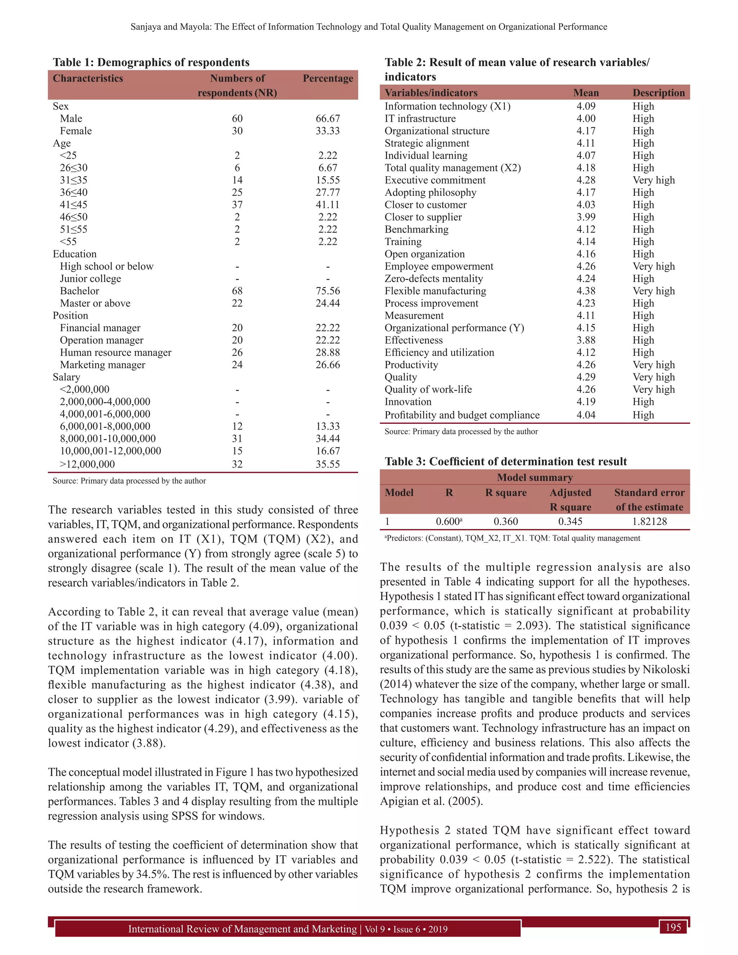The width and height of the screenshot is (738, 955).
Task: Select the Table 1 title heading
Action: tap(151, 63)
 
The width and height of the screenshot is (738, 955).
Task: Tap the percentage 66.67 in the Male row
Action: tap(328, 119)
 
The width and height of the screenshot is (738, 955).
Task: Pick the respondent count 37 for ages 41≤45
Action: tap(237, 205)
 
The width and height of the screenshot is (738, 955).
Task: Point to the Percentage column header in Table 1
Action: tap(328, 79)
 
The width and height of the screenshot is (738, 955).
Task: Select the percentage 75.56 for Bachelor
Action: tap(328, 291)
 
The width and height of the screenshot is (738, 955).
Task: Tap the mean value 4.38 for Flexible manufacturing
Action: tap(586, 291)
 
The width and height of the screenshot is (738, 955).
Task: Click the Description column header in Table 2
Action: tap(658, 93)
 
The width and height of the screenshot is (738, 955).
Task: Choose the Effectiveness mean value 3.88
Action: tap(586, 340)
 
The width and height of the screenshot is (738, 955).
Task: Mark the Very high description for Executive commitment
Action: tap(653, 180)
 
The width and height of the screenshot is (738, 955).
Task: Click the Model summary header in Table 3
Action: tap(534, 477)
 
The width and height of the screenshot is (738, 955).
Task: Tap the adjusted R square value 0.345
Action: tap(570, 522)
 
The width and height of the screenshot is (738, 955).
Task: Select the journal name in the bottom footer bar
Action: tap(242, 929)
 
